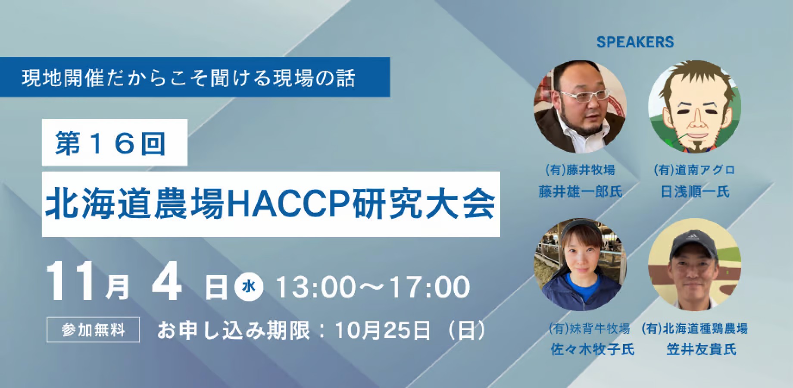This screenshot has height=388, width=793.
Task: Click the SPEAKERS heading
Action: [x=635, y=42]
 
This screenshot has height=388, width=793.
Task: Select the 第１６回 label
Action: [x=110, y=143]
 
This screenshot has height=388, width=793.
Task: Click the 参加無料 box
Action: [x=93, y=330]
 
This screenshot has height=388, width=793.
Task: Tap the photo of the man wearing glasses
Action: [x=581, y=106]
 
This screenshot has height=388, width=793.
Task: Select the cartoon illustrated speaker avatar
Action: [x=695, y=106]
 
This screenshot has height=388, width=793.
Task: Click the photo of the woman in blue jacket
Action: [x=581, y=265]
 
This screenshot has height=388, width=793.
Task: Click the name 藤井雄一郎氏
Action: [x=581, y=191]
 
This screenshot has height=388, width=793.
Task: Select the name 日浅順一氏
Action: [x=695, y=191]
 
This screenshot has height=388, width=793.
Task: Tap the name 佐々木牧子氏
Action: [x=593, y=349]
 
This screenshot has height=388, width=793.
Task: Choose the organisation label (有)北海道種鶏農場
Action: [x=695, y=329]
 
